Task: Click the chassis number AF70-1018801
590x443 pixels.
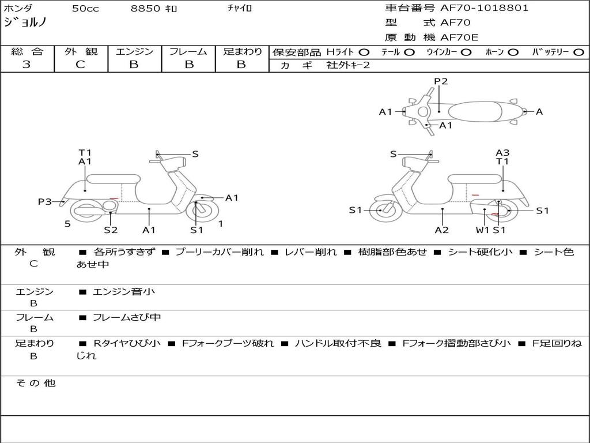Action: tap(485, 8)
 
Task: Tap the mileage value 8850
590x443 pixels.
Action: tap(146, 9)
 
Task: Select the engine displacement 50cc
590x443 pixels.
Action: tap(85, 9)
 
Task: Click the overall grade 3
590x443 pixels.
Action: tap(27, 65)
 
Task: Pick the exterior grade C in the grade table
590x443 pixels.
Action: tap(81, 65)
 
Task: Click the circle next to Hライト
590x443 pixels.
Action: tap(364, 52)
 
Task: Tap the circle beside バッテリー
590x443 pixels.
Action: tap(579, 52)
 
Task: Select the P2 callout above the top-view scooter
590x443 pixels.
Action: tap(441, 81)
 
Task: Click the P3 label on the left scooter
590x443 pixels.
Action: tap(45, 201)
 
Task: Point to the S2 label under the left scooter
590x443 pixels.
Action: tap(111, 230)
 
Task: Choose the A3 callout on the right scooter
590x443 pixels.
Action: tap(502, 153)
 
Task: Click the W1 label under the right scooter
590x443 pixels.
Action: tap(482, 230)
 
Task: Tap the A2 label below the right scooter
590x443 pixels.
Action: tap(442, 230)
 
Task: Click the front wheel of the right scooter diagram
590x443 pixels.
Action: tap(381, 211)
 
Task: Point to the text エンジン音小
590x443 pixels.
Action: tap(123, 292)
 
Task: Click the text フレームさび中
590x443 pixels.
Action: tap(127, 317)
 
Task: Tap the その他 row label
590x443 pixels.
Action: tap(35, 383)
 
